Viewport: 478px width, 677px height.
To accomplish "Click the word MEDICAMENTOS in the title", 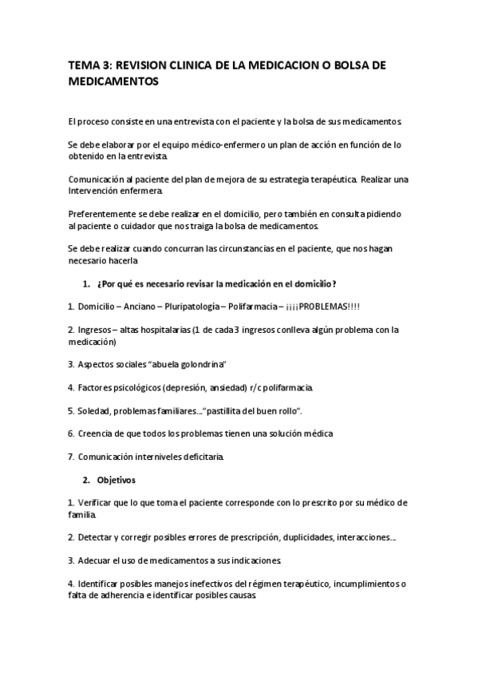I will coord(114,81).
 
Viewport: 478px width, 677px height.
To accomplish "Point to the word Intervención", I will coord(95,192).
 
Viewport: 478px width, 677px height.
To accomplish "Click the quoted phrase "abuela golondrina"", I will coord(185,365).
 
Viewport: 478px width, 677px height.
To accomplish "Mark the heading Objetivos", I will coord(117,481).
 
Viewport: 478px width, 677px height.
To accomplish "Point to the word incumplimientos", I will coord(358,584).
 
